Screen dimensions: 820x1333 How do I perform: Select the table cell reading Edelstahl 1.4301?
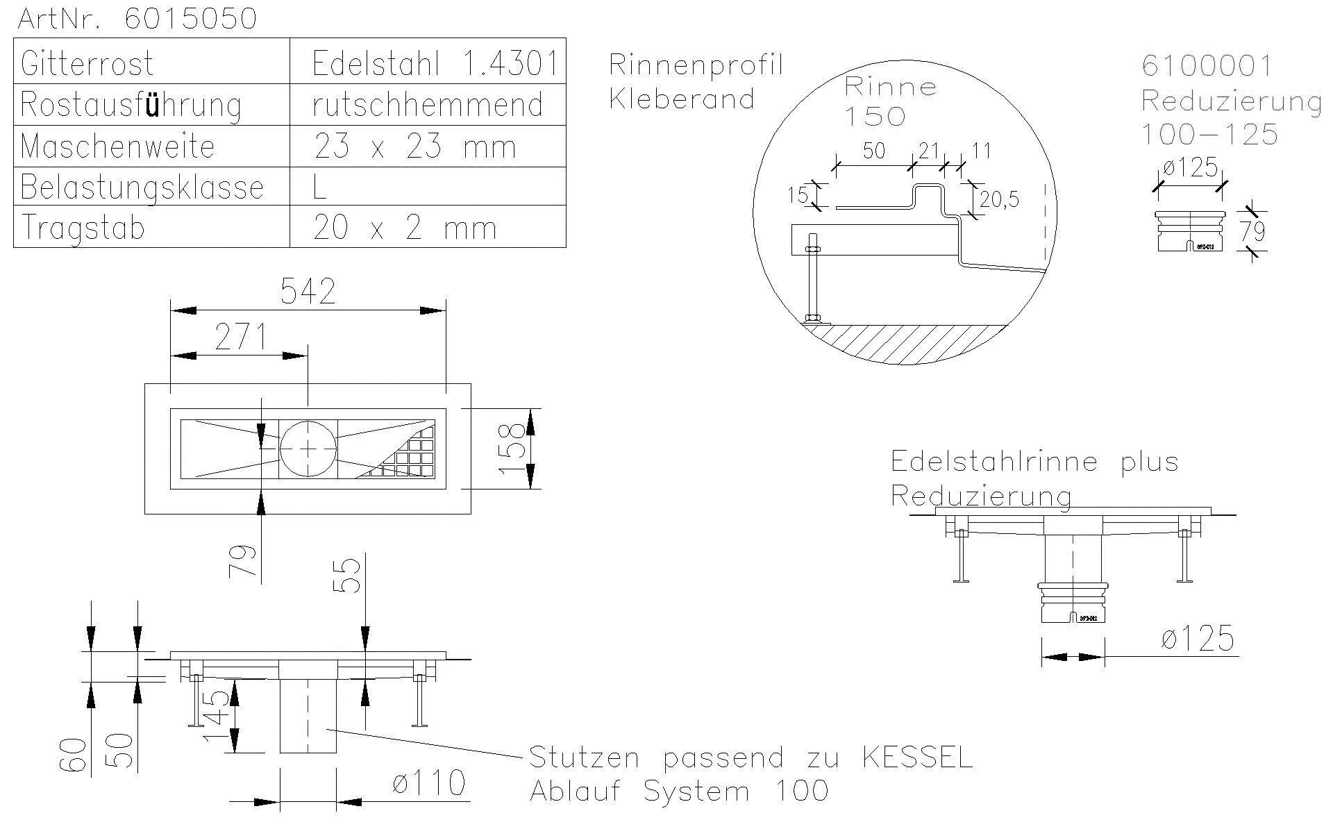(x=434, y=65)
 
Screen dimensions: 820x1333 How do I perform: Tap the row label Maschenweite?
(x=117, y=147)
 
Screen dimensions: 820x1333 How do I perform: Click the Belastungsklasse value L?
(x=319, y=187)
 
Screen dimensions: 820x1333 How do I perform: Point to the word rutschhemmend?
(x=427, y=106)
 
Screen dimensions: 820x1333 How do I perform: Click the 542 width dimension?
(x=308, y=292)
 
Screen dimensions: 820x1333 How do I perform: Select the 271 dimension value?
(x=240, y=338)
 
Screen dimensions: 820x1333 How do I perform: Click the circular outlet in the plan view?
(x=308, y=449)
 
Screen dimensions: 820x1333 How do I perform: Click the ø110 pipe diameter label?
(x=428, y=784)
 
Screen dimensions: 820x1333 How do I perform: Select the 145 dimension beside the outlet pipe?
(x=216, y=715)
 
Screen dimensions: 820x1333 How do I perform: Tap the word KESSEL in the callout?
(x=917, y=758)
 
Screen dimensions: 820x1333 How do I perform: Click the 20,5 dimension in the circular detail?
(x=999, y=200)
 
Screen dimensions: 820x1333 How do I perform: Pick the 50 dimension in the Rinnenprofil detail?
(x=873, y=151)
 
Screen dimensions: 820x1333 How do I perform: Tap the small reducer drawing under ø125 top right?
(x=1189, y=231)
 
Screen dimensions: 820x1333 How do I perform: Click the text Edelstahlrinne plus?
(x=1034, y=462)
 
